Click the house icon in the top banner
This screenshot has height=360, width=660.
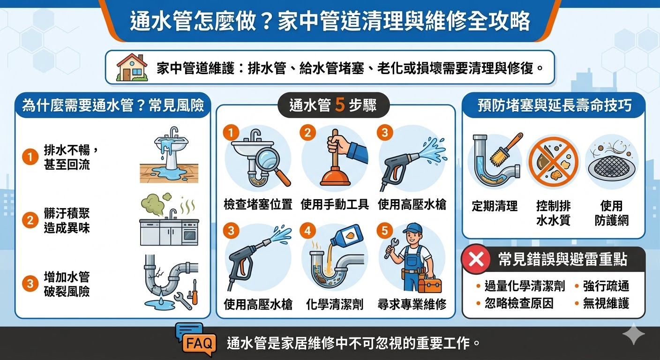point(132,67)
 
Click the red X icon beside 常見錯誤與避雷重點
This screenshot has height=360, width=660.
point(476,260)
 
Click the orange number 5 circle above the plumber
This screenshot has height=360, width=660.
point(385,231)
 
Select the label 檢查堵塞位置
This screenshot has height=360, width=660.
point(258,204)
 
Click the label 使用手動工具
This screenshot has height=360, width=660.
point(335,204)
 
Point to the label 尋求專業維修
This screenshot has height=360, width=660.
point(412,304)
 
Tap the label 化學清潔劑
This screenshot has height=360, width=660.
point(335,304)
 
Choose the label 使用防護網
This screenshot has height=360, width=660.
point(611,213)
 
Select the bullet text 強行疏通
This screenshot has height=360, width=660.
point(606,286)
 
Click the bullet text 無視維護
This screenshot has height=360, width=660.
point(606,303)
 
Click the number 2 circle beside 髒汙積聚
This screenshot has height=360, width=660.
point(30,220)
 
